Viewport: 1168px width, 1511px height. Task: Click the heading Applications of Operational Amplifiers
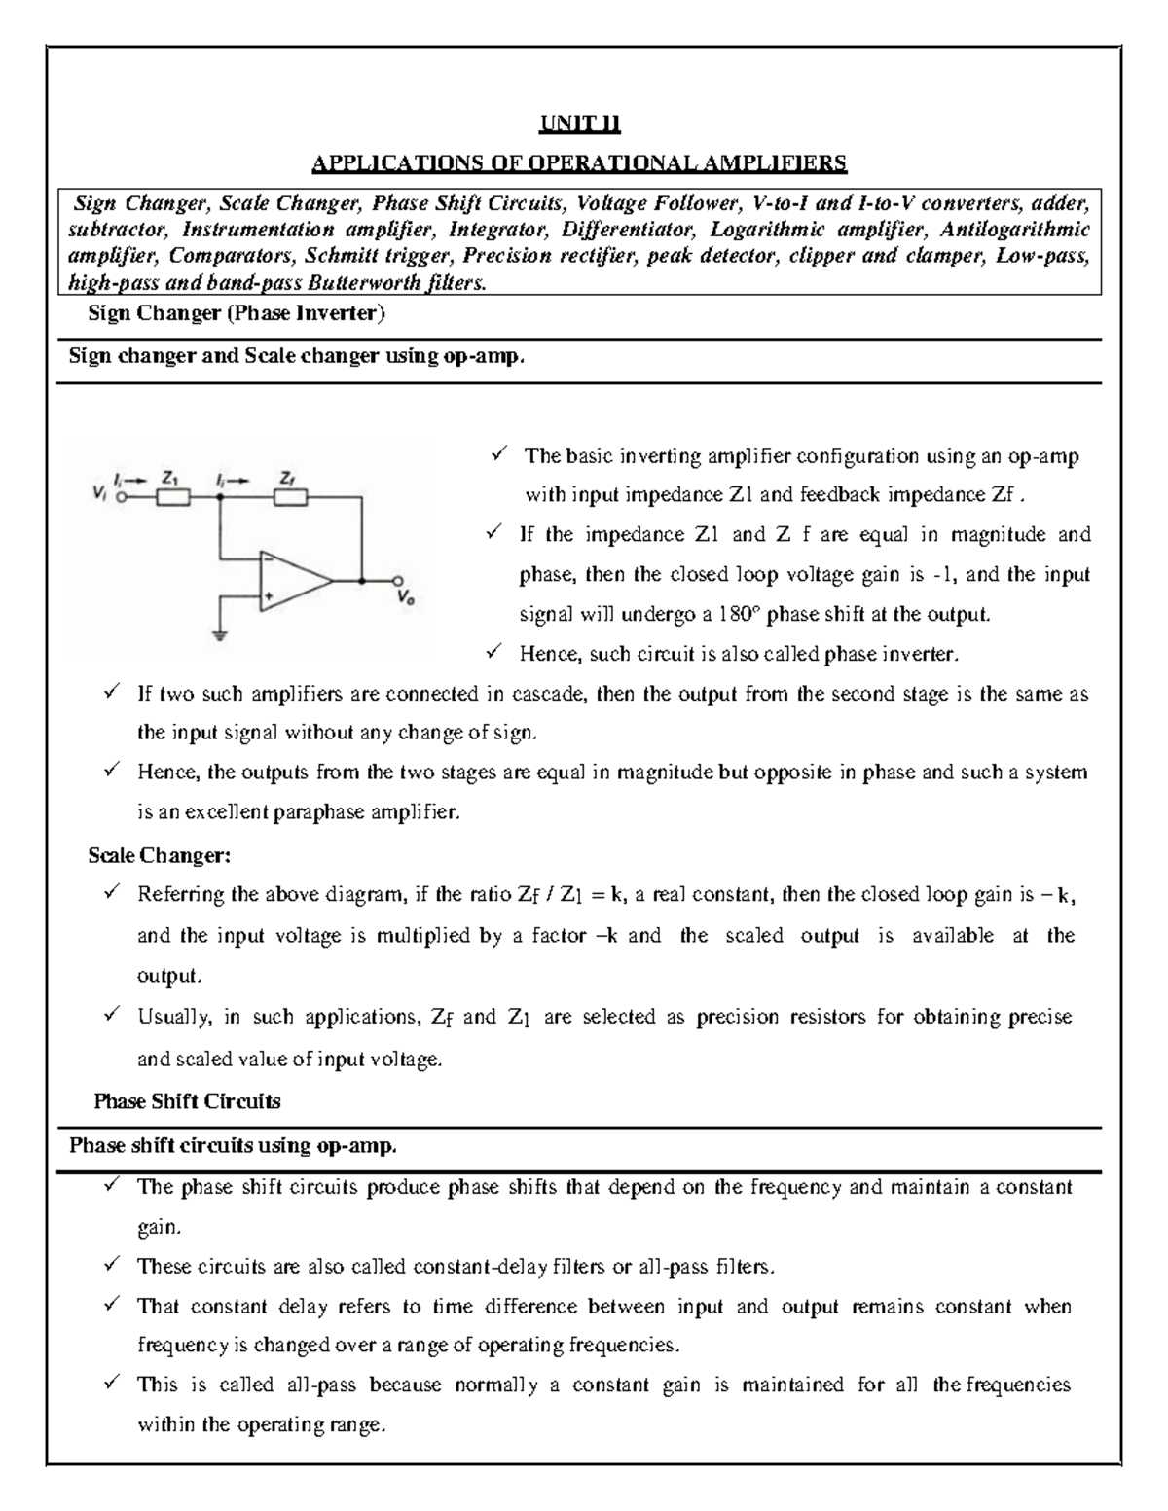[580, 162]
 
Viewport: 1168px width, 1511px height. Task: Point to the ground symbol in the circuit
[221, 638]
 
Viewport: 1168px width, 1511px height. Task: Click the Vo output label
[404, 599]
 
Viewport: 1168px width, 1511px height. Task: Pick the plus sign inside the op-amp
[268, 596]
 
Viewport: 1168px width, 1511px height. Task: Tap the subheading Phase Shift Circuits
[187, 1101]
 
